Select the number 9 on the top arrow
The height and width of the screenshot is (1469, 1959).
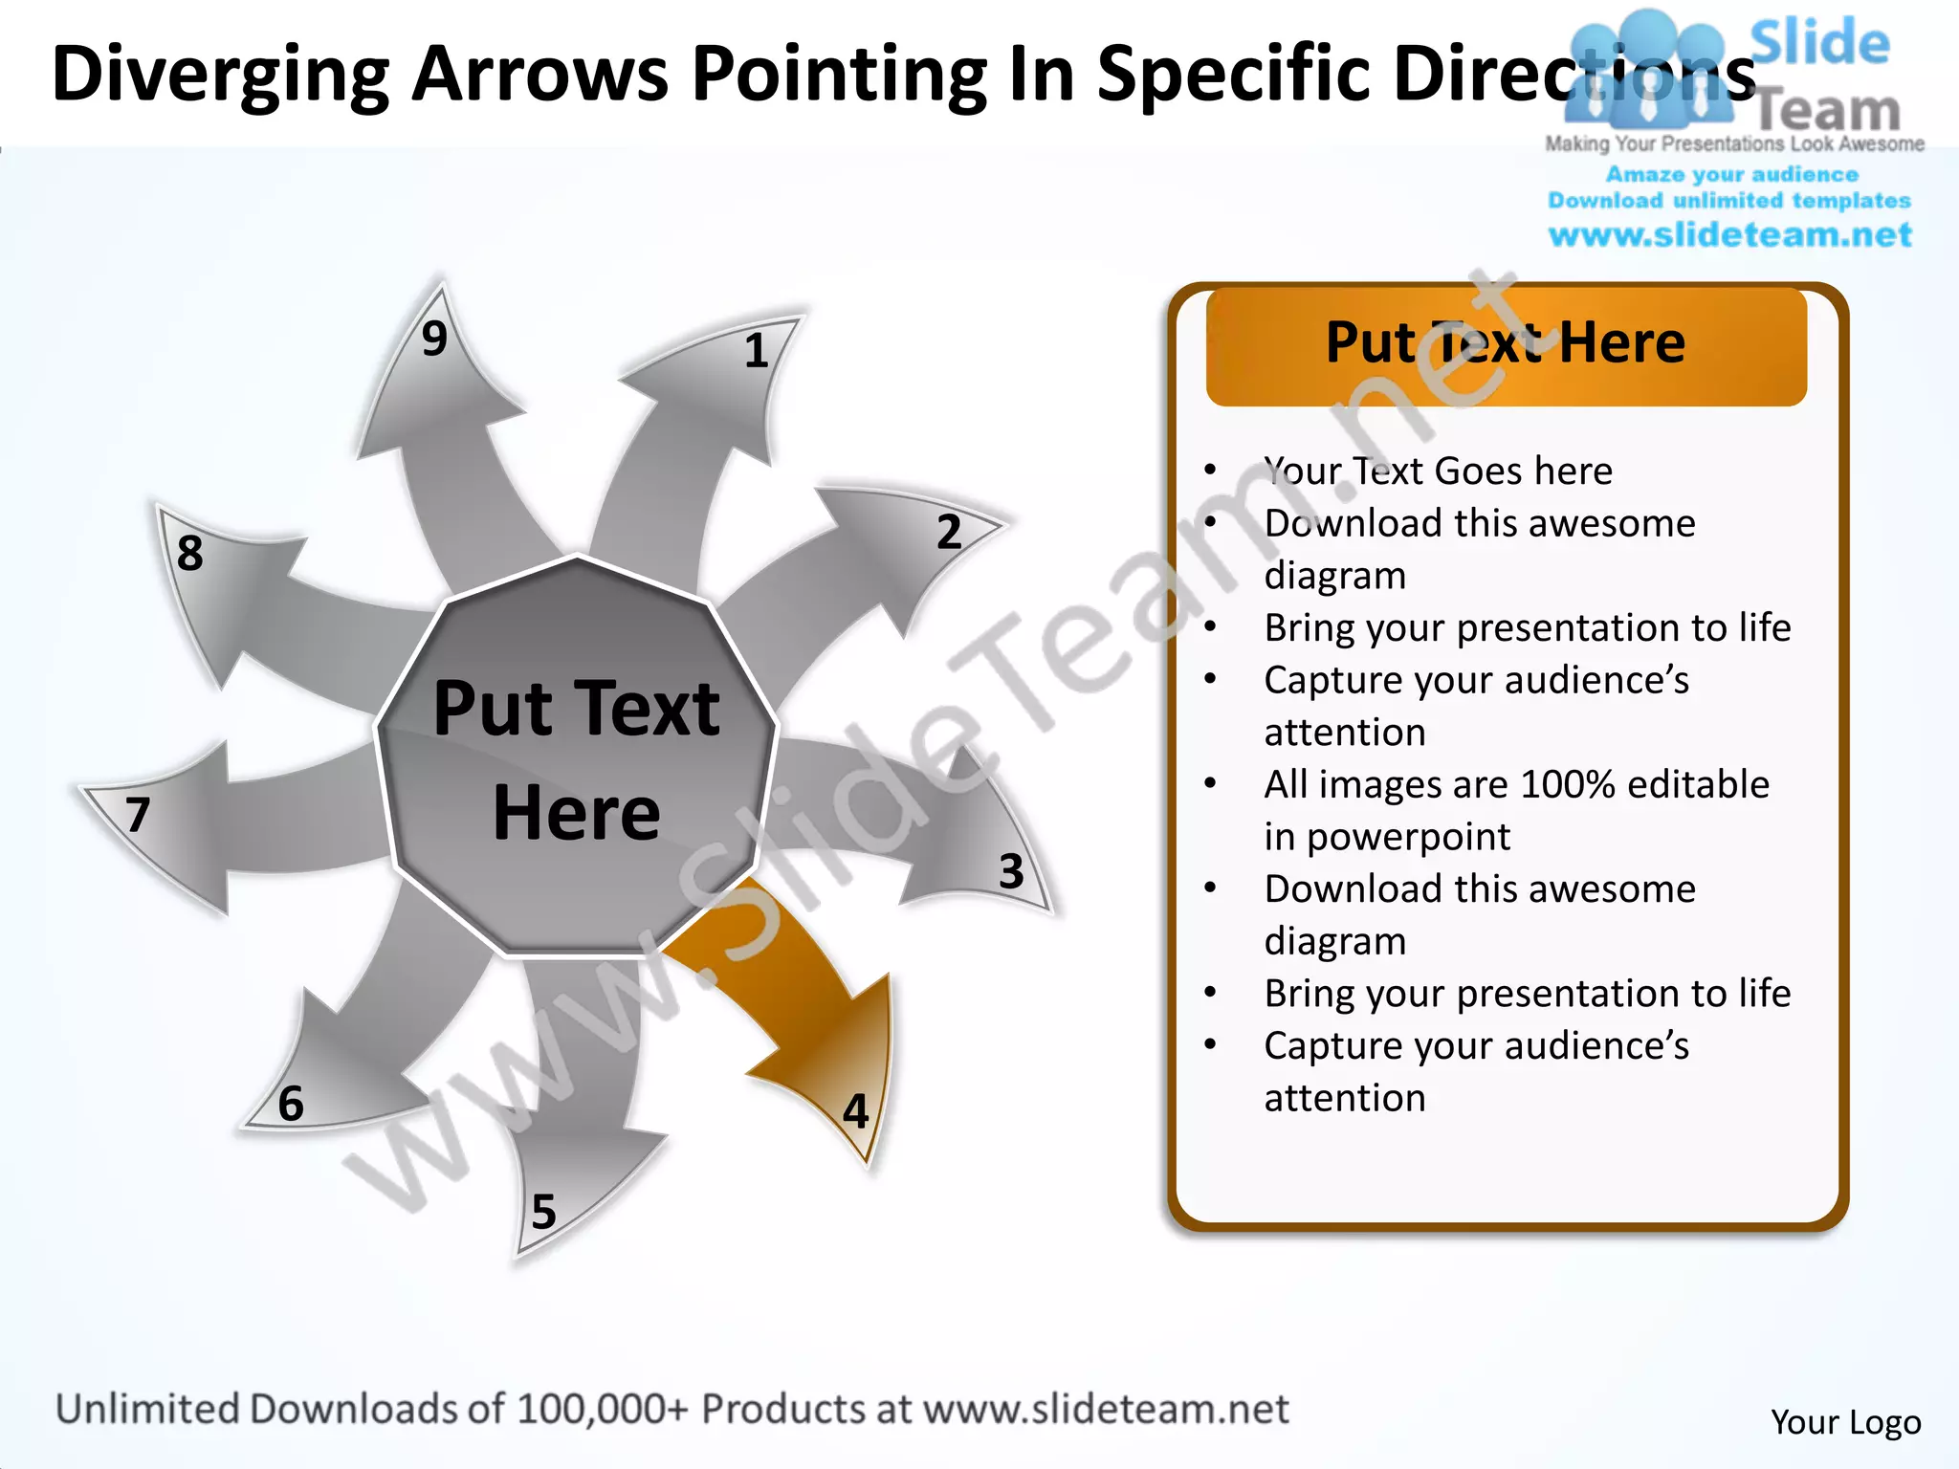click(x=434, y=339)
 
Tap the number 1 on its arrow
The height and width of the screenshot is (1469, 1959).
click(x=757, y=351)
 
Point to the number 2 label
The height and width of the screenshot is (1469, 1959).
click(x=949, y=532)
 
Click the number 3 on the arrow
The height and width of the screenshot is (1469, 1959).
click(x=1011, y=871)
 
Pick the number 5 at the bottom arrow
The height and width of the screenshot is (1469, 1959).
click(x=543, y=1212)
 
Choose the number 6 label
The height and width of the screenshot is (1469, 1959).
click(x=291, y=1104)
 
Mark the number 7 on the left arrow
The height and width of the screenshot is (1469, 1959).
click(x=139, y=815)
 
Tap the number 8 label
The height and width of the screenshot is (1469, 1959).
click(x=190, y=553)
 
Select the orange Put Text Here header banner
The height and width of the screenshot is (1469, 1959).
click(x=1506, y=345)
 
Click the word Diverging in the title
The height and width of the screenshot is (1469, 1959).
click(x=220, y=75)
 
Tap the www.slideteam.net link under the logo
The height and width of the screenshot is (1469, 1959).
click(x=1729, y=235)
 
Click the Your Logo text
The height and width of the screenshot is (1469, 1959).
click(x=1845, y=1422)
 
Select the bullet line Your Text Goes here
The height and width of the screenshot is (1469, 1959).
click(x=1438, y=471)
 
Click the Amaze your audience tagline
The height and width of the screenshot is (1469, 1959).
click(x=1731, y=175)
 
